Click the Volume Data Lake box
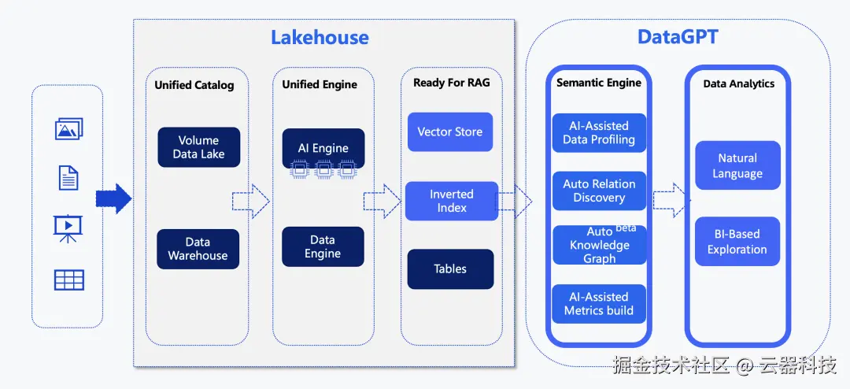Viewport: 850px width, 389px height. click(x=199, y=147)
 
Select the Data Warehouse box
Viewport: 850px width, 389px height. click(x=198, y=249)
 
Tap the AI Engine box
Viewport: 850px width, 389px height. click(x=323, y=148)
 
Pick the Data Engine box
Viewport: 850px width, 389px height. click(x=323, y=246)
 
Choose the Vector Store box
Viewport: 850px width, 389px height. click(x=450, y=132)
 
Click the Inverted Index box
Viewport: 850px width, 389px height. click(x=452, y=201)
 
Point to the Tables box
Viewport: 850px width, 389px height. click(x=450, y=269)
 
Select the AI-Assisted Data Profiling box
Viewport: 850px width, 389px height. click(x=599, y=133)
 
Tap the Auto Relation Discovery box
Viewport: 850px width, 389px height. click(x=599, y=191)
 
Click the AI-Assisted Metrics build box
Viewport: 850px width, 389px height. click(x=599, y=304)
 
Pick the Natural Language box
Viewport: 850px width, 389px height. click(x=737, y=165)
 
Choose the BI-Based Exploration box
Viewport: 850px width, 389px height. click(x=737, y=242)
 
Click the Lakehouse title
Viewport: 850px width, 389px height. click(x=320, y=38)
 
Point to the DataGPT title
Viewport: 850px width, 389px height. click(x=678, y=37)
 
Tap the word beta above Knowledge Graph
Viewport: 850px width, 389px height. click(x=626, y=228)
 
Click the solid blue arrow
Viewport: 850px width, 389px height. click(x=114, y=198)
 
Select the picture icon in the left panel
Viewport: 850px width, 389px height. click(x=68, y=129)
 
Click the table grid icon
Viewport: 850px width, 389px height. click(x=68, y=280)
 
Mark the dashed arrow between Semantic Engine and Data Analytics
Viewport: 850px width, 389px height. click(x=671, y=200)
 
